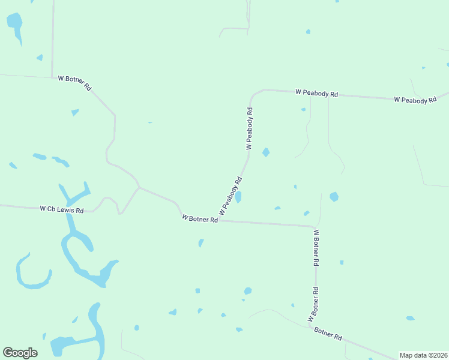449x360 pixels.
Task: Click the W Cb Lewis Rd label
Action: tap(62, 209)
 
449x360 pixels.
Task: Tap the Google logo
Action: tap(20, 353)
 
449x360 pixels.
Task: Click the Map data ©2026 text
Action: tap(424, 355)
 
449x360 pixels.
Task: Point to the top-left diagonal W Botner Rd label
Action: tap(74, 83)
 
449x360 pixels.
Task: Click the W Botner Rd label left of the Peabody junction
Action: tap(199, 219)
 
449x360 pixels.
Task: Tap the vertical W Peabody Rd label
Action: tap(250, 128)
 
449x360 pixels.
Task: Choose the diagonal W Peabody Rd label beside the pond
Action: tap(231, 196)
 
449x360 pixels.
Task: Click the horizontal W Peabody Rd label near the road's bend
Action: tap(317, 94)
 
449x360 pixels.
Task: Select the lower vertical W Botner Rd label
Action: tap(313, 304)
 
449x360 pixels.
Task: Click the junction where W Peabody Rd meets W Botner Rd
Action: tap(218, 220)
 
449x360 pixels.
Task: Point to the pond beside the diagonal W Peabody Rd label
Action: tap(238, 197)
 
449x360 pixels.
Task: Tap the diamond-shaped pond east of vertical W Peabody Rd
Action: tap(266, 152)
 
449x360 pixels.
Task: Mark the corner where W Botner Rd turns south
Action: tap(315, 227)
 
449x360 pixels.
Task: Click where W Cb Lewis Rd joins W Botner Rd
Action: tap(139, 188)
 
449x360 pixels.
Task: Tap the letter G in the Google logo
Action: tap(8, 353)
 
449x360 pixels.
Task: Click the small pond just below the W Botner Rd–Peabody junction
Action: tap(201, 242)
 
